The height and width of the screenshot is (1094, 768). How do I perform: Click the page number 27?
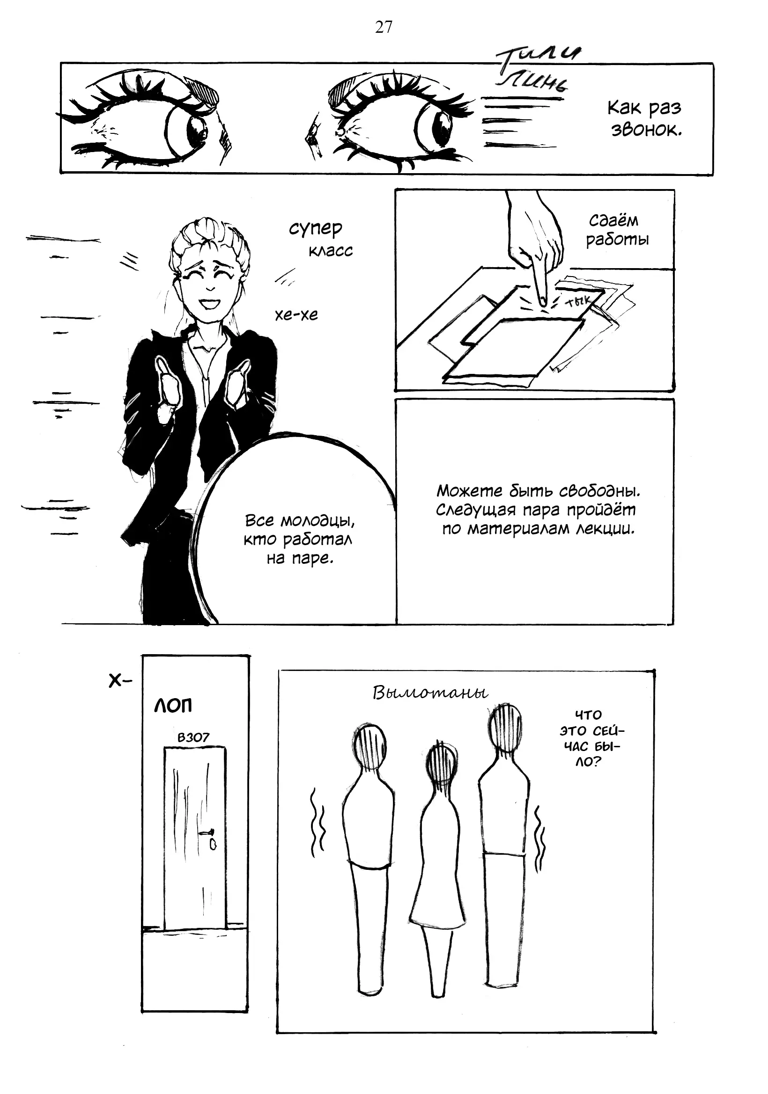coord(383,28)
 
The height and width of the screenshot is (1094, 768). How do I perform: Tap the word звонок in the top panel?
coord(646,130)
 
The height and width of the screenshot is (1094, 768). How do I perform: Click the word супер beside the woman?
coord(316,229)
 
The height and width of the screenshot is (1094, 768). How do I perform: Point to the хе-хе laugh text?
coord(296,314)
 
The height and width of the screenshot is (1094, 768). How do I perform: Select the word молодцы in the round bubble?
coord(318,520)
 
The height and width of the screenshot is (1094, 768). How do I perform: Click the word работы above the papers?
coord(617,239)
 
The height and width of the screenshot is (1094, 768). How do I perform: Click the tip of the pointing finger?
coord(542,302)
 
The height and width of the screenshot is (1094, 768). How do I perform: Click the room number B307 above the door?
coord(193,737)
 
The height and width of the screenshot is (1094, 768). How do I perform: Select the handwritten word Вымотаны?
coord(430,693)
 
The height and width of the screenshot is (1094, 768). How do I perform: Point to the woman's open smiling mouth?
coord(209,304)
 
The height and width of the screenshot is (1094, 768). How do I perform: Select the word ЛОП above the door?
coord(173,705)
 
